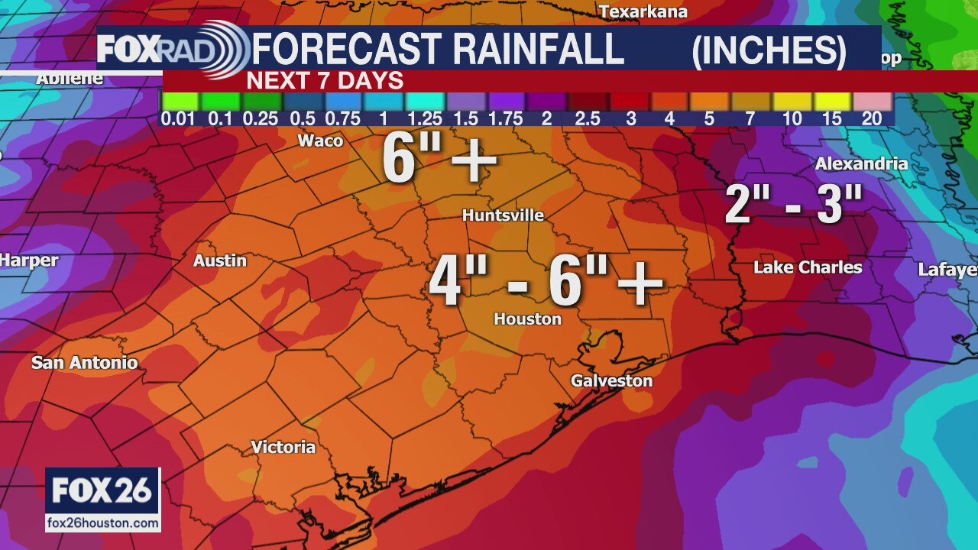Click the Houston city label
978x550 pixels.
(527, 319)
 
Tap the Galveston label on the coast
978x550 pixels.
(611, 380)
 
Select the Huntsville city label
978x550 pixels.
(503, 215)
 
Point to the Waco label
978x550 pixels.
(320, 141)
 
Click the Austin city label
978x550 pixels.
(220, 260)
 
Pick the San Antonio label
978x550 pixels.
(85, 363)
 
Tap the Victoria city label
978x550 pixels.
(283, 447)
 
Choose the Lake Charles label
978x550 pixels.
(808, 267)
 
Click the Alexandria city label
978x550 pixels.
(861, 163)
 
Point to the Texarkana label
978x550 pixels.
(643, 11)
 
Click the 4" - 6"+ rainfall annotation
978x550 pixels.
(546, 281)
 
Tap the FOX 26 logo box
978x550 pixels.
(103, 490)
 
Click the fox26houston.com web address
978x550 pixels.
(103, 523)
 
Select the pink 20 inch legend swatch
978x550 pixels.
(873, 101)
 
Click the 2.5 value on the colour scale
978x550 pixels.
(588, 118)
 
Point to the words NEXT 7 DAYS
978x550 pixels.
(325, 81)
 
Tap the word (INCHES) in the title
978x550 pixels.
(769, 50)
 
